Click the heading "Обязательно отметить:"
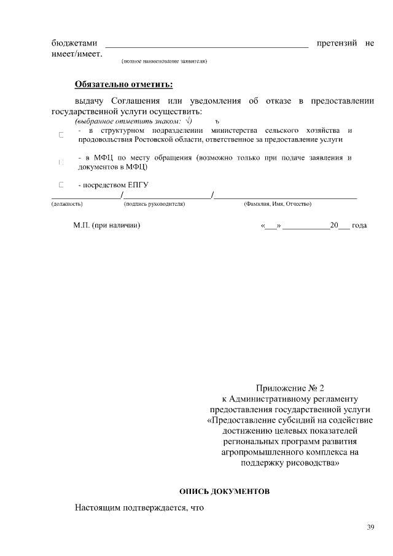(123, 84)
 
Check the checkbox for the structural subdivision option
(61, 135)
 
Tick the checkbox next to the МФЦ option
(61, 162)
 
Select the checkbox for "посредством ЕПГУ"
(61, 184)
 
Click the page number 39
(370, 527)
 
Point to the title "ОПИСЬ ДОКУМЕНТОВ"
(224, 492)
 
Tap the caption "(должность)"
(67, 203)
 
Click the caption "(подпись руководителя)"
(154, 203)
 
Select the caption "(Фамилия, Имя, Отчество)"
(278, 203)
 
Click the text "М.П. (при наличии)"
(107, 225)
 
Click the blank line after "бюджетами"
(207, 44)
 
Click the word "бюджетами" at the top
(74, 44)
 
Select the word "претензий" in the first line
(337, 44)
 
